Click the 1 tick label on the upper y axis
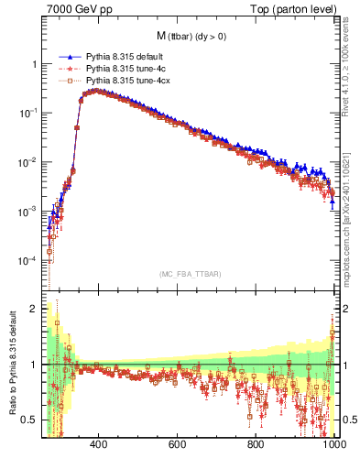pos(35,64)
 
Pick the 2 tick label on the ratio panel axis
pos(35,309)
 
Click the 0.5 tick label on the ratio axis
pos(31,420)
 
